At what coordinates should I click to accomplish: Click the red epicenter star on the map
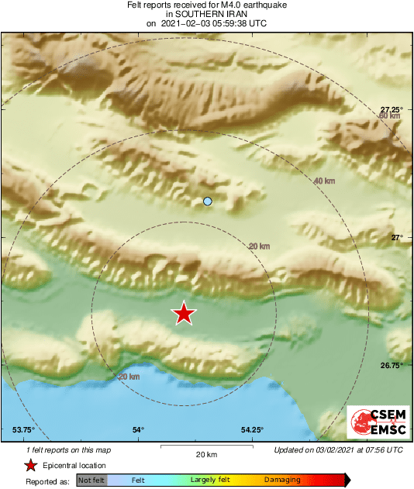[x=184, y=313]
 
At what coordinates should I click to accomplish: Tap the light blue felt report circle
[x=207, y=201]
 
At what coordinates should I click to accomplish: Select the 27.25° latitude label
[x=392, y=108]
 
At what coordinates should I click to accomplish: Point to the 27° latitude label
[x=397, y=237]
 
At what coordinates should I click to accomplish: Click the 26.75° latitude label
[x=392, y=365]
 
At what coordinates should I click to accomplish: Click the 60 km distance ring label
[x=389, y=116]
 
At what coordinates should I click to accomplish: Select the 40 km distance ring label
[x=324, y=181]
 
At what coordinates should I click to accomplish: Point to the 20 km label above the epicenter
[x=259, y=246]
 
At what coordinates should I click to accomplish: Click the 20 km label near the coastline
[x=129, y=377]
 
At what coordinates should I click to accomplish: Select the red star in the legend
[x=30, y=465]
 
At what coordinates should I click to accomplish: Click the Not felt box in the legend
[x=91, y=480]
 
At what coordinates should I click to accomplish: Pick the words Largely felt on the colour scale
[x=207, y=480]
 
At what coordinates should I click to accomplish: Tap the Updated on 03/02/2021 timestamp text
[x=338, y=449]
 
